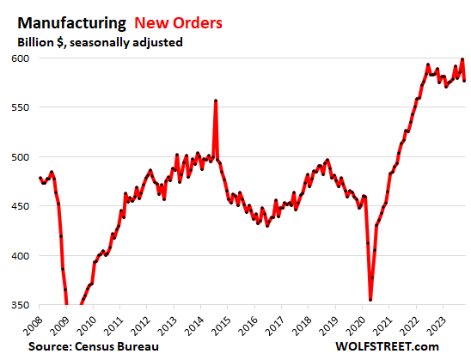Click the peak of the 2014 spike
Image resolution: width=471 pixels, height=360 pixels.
[215, 101]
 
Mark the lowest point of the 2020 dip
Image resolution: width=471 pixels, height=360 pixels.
[370, 299]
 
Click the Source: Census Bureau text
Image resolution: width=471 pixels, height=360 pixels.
[91, 345]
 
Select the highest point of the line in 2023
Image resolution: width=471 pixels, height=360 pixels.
[462, 59]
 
